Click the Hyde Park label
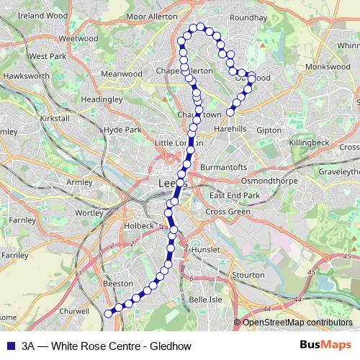[x=122, y=130]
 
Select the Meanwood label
[x=122, y=73]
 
